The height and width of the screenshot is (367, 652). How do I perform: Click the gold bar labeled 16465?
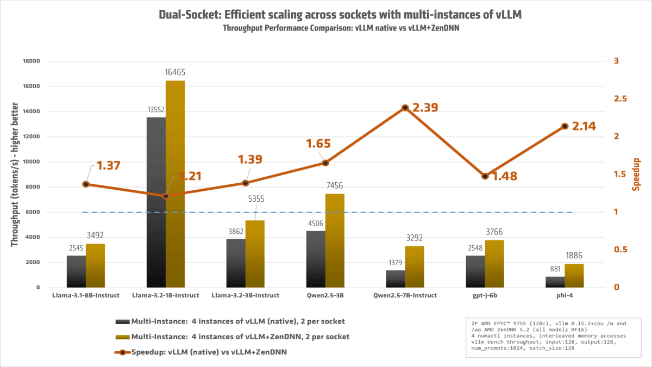175,184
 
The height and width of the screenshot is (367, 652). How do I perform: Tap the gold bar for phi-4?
574,276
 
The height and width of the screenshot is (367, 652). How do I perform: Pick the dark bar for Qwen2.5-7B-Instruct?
396,278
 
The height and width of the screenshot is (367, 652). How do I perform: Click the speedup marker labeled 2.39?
405,108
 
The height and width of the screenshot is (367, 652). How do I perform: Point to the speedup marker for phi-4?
565,126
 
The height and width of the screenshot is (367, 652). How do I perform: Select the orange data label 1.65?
318,144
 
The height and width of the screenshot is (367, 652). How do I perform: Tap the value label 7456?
335,185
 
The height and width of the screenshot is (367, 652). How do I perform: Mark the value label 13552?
156,109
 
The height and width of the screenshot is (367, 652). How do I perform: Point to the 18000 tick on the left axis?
30,61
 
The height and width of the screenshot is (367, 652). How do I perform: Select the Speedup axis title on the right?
636,175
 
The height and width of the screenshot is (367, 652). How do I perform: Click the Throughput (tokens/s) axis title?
15,174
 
